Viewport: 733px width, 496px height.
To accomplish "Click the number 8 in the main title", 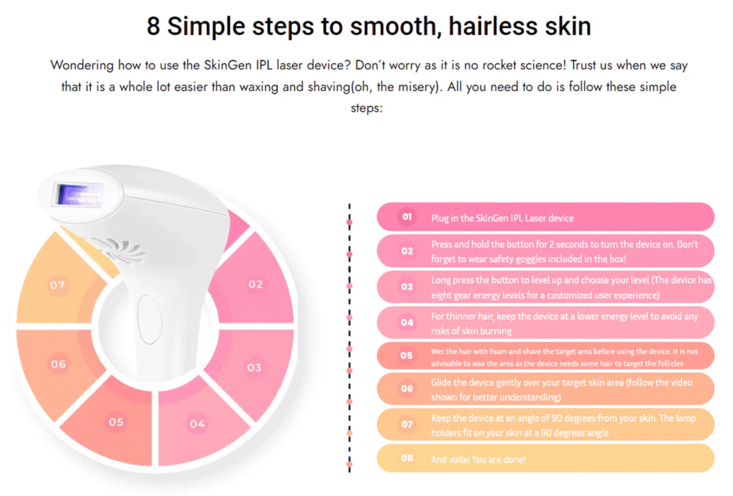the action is (x=153, y=26).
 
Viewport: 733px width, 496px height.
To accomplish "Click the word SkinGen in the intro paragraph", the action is (x=228, y=65).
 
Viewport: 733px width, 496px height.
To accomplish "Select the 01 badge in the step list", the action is (x=407, y=217).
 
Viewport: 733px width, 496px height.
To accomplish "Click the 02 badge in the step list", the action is (x=407, y=252).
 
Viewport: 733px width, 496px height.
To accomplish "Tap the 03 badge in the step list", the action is (x=407, y=287).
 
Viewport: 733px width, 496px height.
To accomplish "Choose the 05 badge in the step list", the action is (x=407, y=356).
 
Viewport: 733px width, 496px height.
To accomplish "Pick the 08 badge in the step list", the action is (x=407, y=458).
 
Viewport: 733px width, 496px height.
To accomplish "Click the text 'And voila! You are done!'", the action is (x=478, y=459).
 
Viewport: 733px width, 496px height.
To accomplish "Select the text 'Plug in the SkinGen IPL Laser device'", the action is (x=502, y=218).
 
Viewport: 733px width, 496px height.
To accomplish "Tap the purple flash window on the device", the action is (x=79, y=195).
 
